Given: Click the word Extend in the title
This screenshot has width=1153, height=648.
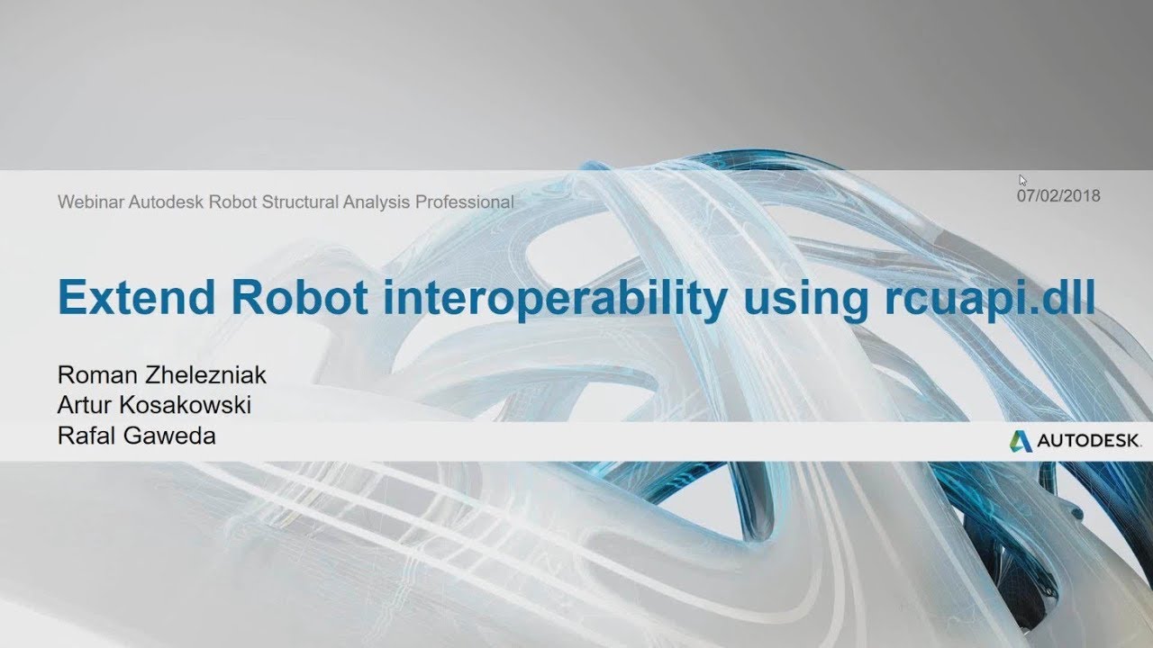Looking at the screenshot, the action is [x=136, y=297].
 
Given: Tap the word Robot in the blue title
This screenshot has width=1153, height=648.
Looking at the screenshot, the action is [x=300, y=297].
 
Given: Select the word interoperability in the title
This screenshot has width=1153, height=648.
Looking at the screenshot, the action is [x=556, y=300].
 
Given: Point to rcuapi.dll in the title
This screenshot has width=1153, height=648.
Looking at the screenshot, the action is [x=990, y=300].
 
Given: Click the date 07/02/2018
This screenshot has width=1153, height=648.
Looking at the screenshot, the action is [x=1058, y=196].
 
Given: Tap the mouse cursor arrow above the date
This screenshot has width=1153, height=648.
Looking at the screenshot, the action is [x=1022, y=180].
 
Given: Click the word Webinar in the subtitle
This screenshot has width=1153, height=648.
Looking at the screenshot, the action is [x=91, y=202].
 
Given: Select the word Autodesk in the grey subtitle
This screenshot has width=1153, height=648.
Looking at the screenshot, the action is [x=167, y=202].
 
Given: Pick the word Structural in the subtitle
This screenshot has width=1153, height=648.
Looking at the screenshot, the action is [x=300, y=202].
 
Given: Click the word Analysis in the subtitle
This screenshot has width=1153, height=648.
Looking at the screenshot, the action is [x=377, y=202].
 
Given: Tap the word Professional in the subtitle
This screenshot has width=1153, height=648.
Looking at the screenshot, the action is [x=464, y=202].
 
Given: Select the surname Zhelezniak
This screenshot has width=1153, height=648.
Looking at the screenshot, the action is [x=205, y=375].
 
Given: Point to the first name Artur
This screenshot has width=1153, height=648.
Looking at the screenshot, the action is [x=85, y=405].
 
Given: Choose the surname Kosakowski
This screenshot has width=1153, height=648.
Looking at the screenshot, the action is [x=186, y=405].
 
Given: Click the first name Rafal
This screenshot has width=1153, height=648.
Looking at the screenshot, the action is [x=86, y=436].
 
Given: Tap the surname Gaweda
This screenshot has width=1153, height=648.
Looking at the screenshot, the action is [x=169, y=436].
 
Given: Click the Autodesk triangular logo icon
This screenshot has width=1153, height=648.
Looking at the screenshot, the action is [x=1021, y=441].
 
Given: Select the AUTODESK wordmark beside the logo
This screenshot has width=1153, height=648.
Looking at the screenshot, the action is [x=1088, y=441].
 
